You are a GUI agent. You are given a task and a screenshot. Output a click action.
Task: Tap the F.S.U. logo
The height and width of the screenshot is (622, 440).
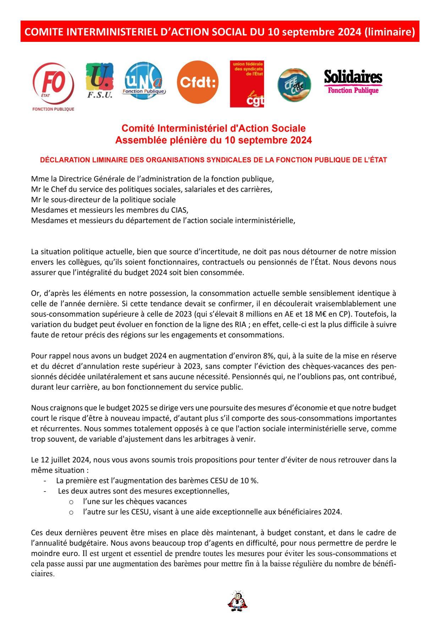click(100, 80)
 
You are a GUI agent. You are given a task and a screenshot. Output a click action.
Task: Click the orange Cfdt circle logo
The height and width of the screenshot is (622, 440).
click(198, 82)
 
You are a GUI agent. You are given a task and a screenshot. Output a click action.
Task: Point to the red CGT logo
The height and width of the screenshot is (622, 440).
click(247, 84)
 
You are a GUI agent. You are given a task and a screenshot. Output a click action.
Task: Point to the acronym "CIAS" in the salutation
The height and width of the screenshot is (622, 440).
click(178, 210)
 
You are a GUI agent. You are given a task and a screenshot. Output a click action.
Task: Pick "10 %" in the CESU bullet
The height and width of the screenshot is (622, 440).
click(249, 481)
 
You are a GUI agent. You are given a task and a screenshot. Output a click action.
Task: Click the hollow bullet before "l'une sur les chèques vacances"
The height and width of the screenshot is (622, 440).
click(71, 502)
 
